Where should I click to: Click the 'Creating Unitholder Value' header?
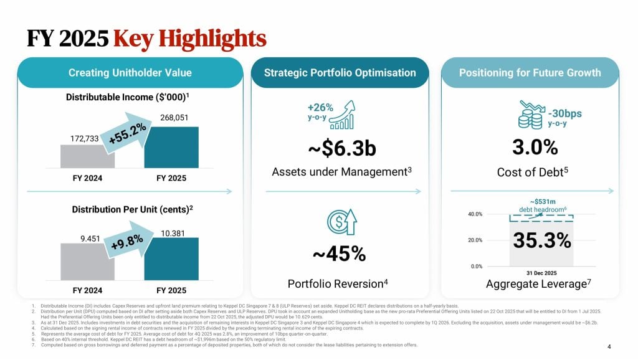tap(130, 73)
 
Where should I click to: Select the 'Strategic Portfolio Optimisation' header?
tap(340, 73)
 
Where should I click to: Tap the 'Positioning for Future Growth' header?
tap(530, 73)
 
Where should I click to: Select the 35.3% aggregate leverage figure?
tap(541, 240)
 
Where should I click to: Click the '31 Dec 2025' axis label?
tap(537, 273)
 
